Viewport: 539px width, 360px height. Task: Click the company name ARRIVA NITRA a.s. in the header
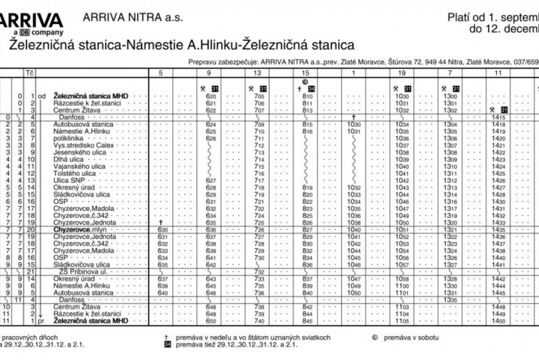tap(133, 18)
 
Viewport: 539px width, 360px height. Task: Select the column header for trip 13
tap(257, 73)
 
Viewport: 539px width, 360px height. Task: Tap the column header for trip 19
tap(402, 73)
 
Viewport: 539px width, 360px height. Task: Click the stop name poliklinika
tap(69, 138)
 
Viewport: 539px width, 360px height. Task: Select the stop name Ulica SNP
tap(69, 180)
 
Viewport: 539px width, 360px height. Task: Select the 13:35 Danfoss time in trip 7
tap(450, 299)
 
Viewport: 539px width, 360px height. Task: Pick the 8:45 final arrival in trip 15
tap(308, 321)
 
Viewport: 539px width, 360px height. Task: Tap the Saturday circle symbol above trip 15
tap(305, 81)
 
